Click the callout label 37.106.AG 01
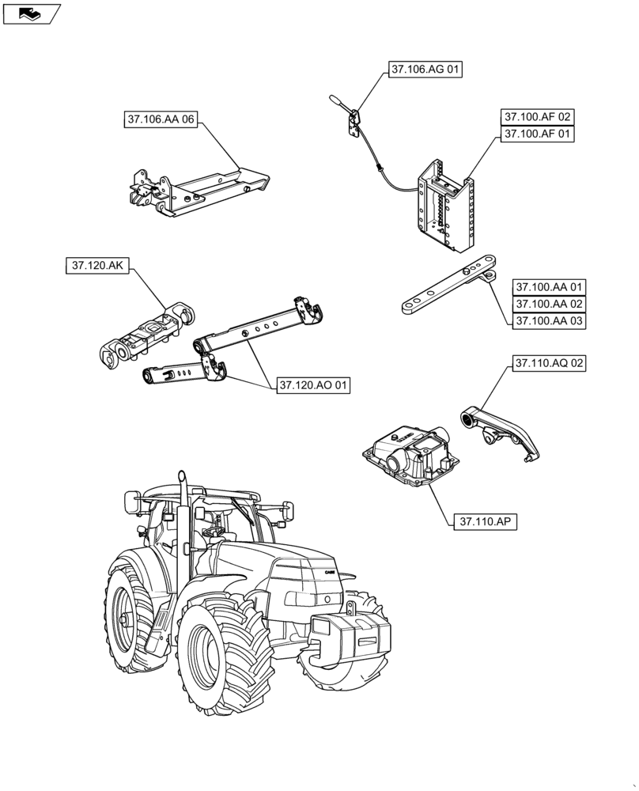tap(425, 70)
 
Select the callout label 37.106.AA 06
tap(160, 119)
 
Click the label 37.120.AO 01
tap(313, 385)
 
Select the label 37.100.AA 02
tap(549, 304)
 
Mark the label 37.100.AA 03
tap(549, 321)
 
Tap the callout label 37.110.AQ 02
tap(549, 364)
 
